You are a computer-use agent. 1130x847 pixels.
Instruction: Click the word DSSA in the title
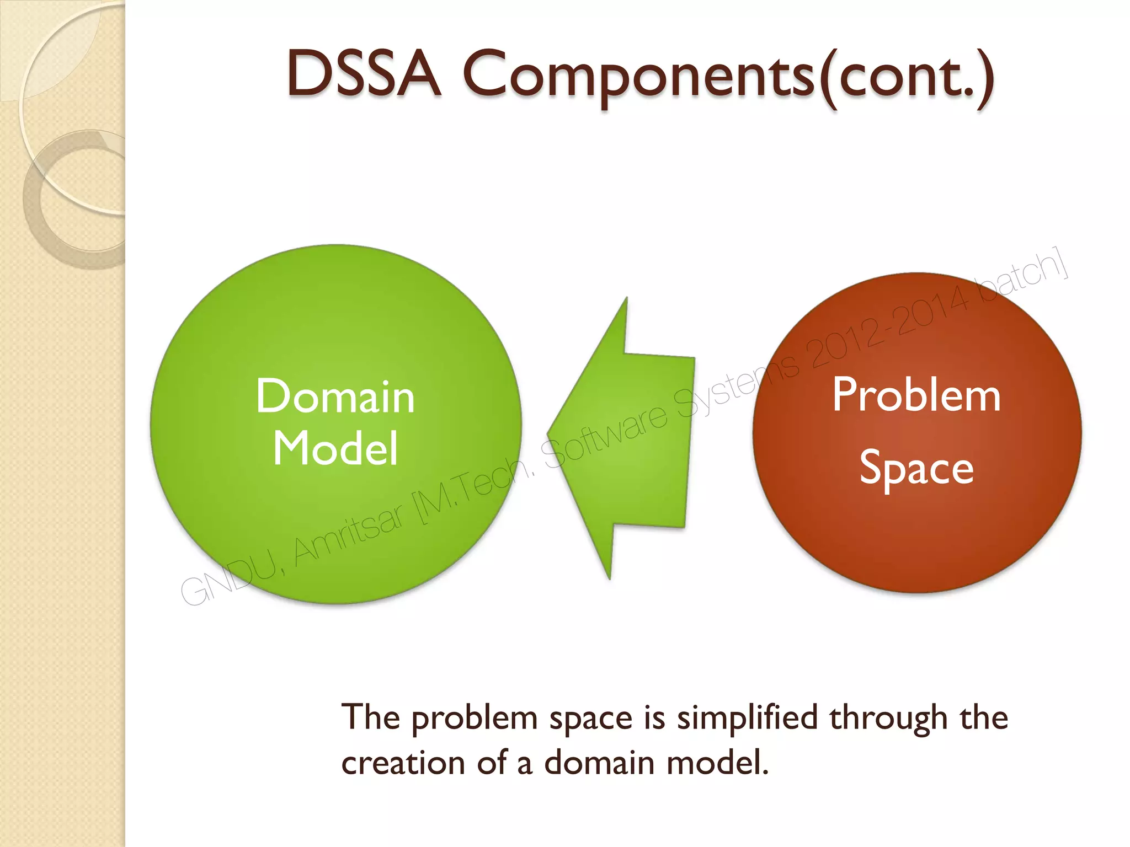click(364, 74)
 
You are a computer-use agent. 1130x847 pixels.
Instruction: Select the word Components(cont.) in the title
click(728, 77)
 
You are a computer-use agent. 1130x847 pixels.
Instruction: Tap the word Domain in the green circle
click(335, 397)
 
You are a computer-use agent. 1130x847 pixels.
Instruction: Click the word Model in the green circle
click(335, 448)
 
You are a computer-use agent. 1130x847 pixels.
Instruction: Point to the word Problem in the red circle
click(916, 395)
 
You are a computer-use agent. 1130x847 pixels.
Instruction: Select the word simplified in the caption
click(747, 719)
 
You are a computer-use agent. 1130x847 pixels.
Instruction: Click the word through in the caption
click(888, 719)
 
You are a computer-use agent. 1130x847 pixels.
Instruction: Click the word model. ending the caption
click(717, 764)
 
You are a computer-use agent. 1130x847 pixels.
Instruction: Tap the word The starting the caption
click(370, 717)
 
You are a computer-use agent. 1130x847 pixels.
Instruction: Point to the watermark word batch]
click(1026, 281)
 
